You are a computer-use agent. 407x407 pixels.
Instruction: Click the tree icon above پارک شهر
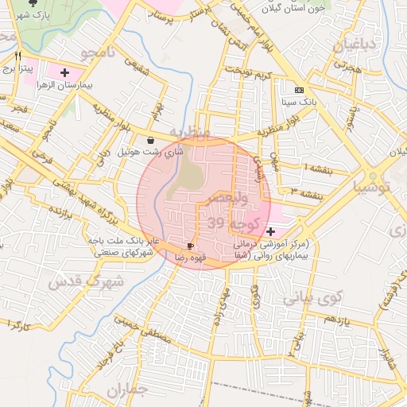point(33,2)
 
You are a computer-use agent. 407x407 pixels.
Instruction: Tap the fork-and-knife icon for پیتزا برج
point(18,57)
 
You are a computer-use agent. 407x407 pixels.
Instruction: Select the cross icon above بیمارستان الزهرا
point(65,72)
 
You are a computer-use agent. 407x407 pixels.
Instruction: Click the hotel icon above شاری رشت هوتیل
point(150,139)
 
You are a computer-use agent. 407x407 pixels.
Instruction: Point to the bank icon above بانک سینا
point(299,91)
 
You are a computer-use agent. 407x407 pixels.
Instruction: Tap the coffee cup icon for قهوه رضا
point(190,246)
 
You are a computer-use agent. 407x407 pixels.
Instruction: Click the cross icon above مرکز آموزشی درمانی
point(271,231)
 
